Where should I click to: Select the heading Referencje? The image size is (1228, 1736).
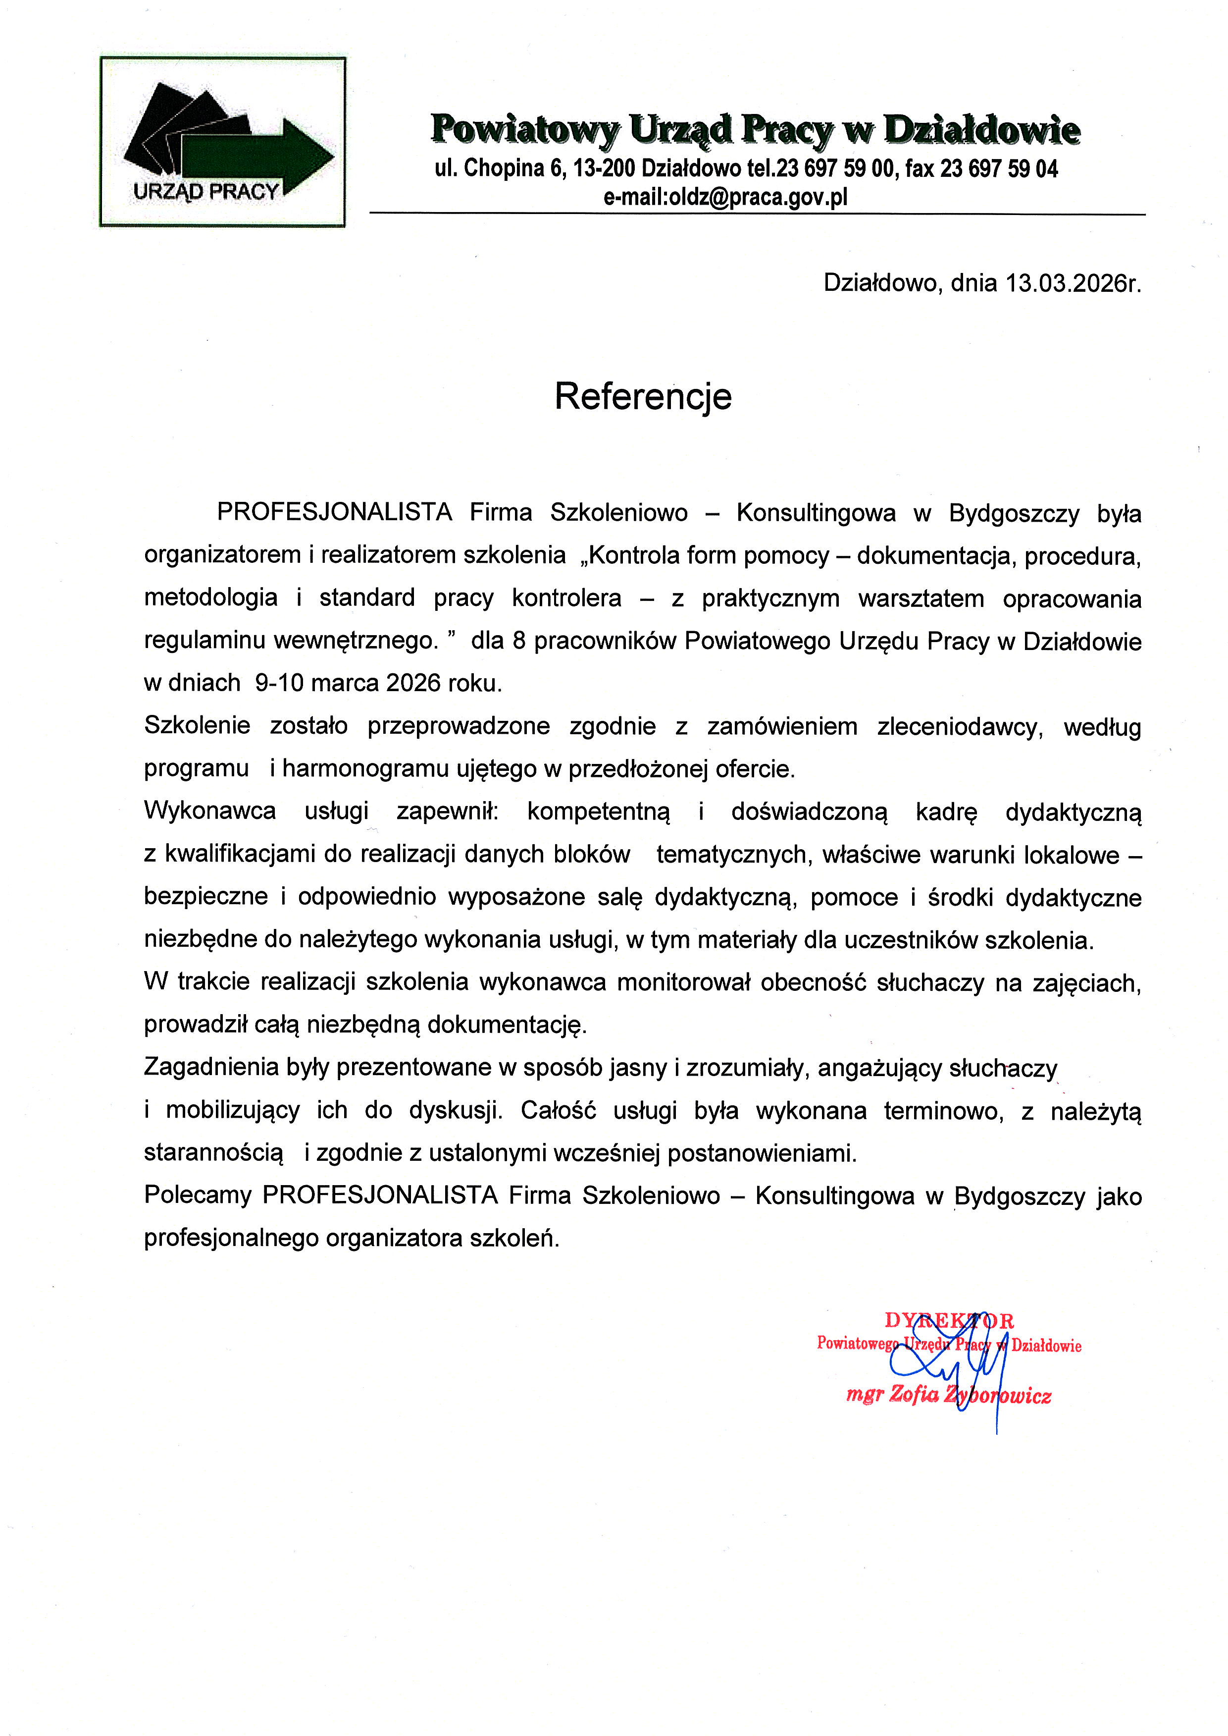pyautogui.click(x=643, y=396)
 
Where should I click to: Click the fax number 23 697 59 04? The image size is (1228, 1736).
pyautogui.click(x=999, y=168)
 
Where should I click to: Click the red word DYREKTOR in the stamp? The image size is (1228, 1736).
pyautogui.click(x=949, y=1321)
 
